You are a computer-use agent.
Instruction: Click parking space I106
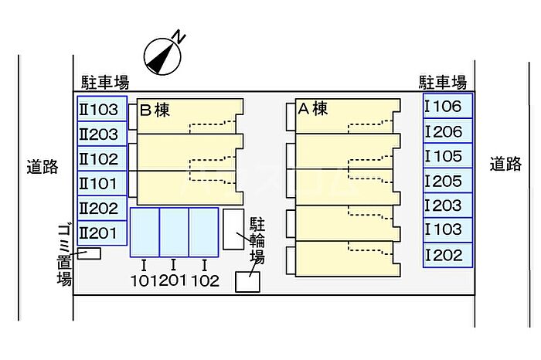pyautogui.click(x=447, y=107)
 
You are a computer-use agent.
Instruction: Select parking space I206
pyautogui.click(x=447, y=132)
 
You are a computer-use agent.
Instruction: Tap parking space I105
pyautogui.click(x=447, y=157)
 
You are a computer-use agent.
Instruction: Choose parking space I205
pyautogui.click(x=447, y=182)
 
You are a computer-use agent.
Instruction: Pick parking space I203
pyautogui.click(x=447, y=205)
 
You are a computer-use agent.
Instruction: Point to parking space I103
pyautogui.click(x=447, y=229)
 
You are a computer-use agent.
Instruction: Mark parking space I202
pyautogui.click(x=447, y=255)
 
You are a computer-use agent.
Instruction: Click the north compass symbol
pyautogui.click(x=165, y=52)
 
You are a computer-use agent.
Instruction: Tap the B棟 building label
pyautogui.click(x=155, y=110)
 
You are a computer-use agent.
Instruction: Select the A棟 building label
pyautogui.click(x=313, y=109)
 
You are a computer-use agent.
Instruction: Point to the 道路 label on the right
pyautogui.click(x=505, y=164)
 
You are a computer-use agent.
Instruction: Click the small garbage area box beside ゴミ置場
pyautogui.click(x=90, y=253)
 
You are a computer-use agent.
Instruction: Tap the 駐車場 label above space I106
pyautogui.click(x=443, y=82)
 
